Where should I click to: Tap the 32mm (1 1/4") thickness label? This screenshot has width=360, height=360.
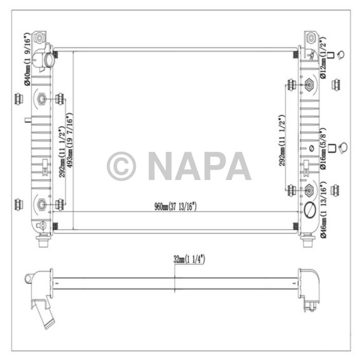point(189,260)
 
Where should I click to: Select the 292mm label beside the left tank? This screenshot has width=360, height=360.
point(62,152)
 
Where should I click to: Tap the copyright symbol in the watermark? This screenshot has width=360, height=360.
point(121,166)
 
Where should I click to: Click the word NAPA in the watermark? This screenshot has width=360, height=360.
point(199,166)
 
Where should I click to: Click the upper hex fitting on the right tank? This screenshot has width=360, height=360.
point(310,84)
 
